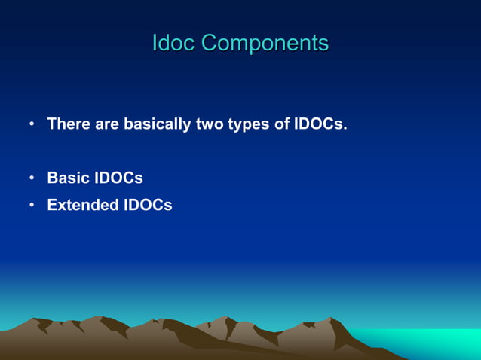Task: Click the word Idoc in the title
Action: coord(173,43)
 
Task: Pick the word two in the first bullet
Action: coord(209,124)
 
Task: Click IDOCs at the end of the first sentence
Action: coord(318,124)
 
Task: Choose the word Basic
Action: coord(68,178)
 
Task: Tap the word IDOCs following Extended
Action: coord(148,205)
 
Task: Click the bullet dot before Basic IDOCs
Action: coord(32,179)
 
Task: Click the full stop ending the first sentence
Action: coord(345,129)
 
